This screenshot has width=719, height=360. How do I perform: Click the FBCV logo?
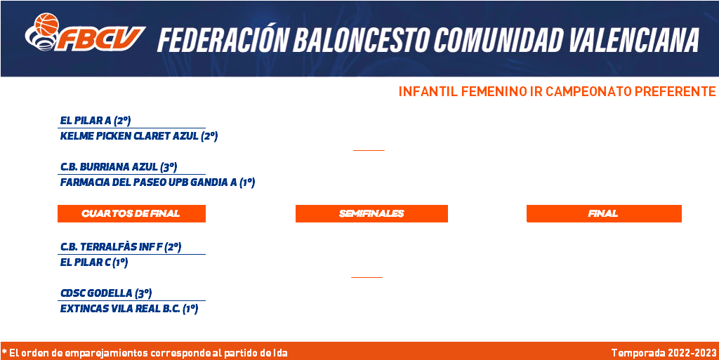[x=85, y=32]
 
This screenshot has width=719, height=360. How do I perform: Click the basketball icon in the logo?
[x=47, y=25]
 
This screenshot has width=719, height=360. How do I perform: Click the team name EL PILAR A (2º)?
[x=95, y=121]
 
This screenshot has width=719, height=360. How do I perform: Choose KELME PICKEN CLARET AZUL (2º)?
[x=138, y=136]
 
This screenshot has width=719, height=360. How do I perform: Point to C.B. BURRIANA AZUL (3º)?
[x=118, y=167]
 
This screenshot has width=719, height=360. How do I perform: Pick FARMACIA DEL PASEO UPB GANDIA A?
[x=149, y=182]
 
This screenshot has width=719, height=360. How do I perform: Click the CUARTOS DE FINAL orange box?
[x=131, y=213]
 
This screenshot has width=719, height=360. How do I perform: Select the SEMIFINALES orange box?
[x=371, y=213]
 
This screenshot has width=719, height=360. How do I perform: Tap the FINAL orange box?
[x=604, y=213]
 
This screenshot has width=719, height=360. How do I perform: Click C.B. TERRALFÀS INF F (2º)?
[x=121, y=247]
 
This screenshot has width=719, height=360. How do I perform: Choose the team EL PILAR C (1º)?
[x=93, y=262]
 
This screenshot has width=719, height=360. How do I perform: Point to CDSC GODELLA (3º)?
[x=106, y=293]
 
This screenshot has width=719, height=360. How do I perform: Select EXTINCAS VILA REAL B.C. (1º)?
[x=129, y=309]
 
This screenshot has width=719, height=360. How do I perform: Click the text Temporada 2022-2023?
[x=664, y=353]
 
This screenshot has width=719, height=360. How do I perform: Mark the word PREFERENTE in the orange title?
[x=675, y=92]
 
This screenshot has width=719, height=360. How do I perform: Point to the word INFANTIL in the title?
[x=428, y=92]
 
